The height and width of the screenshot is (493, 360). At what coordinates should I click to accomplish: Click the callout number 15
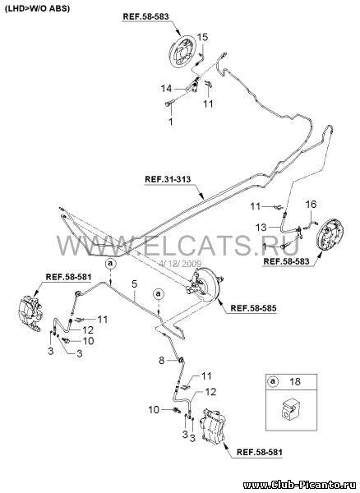pos(202,38)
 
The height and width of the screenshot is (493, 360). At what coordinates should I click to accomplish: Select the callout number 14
pos(167,89)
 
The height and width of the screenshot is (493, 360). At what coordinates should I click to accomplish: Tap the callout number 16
pos(311,205)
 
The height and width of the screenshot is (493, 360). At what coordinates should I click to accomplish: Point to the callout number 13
pos(261,227)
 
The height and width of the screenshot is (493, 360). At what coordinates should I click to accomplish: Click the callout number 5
pos(134,284)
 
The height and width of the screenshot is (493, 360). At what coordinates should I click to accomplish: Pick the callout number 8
pos(162,361)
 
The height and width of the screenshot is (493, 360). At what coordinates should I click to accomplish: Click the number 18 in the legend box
pos(295,381)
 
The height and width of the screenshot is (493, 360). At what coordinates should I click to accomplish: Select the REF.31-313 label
pos(168,179)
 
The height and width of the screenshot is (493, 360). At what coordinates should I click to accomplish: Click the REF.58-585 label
pos(254,308)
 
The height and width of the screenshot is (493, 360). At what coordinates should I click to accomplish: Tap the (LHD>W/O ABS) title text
pos(37,8)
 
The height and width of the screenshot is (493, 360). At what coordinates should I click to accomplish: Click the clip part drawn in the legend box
pos(288,410)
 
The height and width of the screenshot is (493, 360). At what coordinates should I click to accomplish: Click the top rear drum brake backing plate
pos(182,53)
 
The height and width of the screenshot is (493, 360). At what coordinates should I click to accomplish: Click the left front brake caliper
pos(30,314)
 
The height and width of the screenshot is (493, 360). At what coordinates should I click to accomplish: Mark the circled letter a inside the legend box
pos(273,381)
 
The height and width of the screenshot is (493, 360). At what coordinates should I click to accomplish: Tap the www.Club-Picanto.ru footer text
pos(302,486)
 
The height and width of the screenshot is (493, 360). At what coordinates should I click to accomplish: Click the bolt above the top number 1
pos(168,104)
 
